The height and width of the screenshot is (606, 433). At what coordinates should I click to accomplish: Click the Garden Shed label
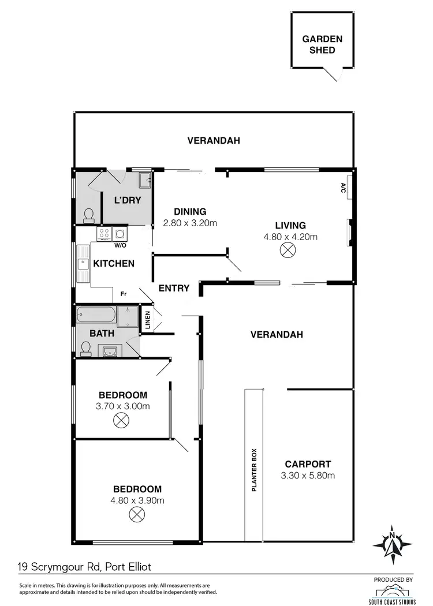(323, 44)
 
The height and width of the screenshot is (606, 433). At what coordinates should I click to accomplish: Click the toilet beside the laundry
(88, 215)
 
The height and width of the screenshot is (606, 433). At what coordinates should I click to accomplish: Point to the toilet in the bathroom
(86, 347)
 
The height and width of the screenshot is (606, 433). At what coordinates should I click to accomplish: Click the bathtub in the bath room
(96, 316)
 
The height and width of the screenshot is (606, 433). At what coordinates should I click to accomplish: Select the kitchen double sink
(82, 264)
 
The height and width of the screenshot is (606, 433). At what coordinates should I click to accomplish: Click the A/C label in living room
(342, 188)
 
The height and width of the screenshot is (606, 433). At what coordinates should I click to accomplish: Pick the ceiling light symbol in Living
(288, 250)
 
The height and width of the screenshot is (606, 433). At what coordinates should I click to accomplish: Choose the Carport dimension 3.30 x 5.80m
(308, 476)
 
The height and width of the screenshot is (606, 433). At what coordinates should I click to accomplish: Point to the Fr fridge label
(123, 294)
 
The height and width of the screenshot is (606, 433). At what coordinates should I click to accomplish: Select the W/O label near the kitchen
(120, 245)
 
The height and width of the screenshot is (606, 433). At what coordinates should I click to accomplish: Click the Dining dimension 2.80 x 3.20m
(190, 223)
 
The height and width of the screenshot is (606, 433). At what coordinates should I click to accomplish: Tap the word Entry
(174, 288)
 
